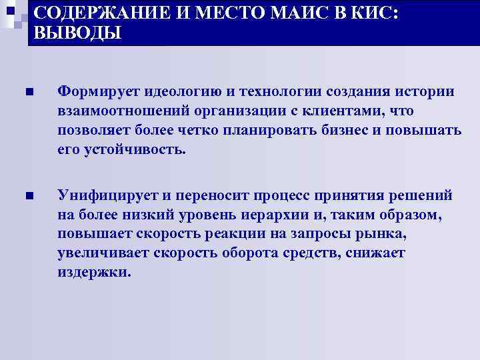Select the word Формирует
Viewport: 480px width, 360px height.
(x=89, y=91)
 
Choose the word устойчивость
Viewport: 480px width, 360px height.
(x=133, y=149)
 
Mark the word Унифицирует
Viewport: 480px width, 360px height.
(x=99, y=195)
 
